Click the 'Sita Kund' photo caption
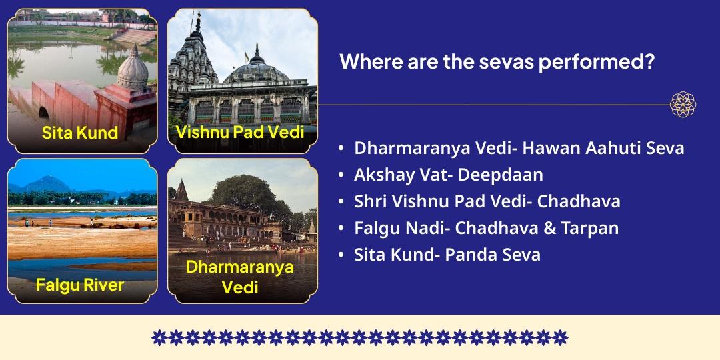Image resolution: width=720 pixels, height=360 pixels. (80, 132)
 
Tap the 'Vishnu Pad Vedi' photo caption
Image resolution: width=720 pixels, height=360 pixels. (240, 131)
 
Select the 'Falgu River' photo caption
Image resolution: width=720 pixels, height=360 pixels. (80, 285)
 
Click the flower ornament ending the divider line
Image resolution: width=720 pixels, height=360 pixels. (683, 105)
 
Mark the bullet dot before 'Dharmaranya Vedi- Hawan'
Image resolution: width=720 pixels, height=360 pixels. (341, 149)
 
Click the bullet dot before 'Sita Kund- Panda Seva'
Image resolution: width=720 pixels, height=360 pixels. (341, 255)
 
